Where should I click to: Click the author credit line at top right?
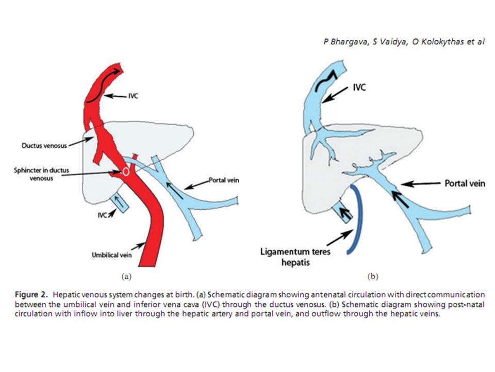click(x=403, y=42)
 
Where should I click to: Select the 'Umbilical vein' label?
click(x=111, y=254)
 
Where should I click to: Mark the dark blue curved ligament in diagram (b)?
click(x=357, y=217)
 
